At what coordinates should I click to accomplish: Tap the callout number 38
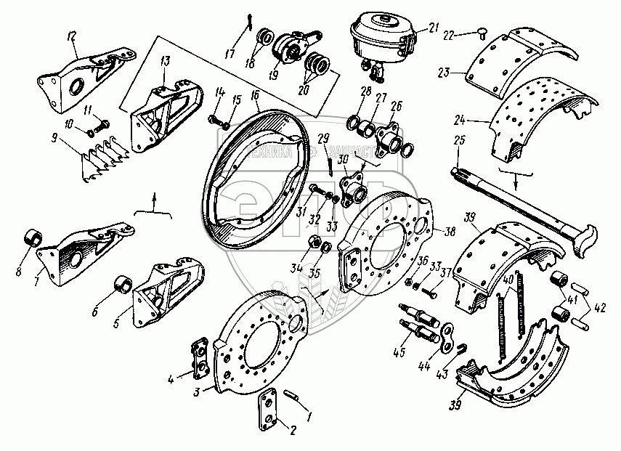point(450,233)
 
